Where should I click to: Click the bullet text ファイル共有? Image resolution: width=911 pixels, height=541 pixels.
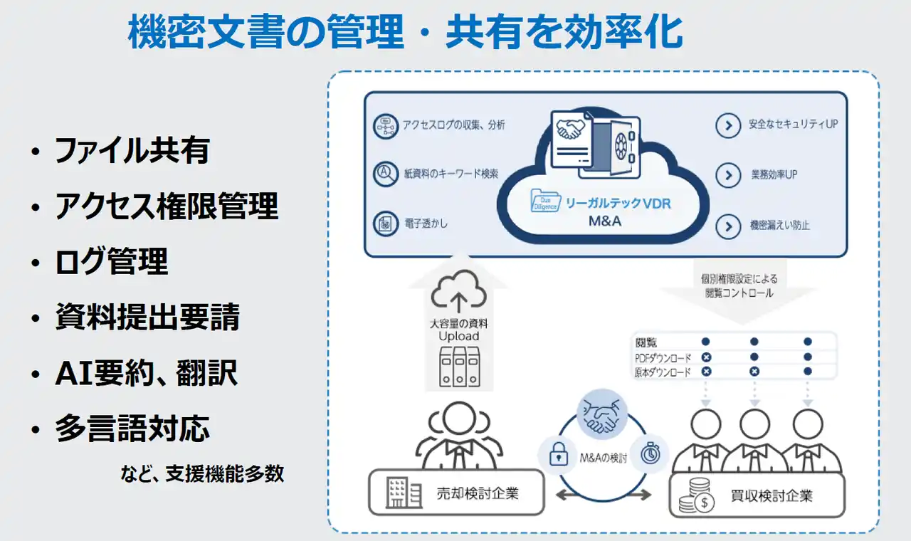point(132,151)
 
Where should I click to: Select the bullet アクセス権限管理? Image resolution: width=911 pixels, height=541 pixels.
point(166,206)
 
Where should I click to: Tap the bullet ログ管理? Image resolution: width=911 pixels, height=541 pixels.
point(111,262)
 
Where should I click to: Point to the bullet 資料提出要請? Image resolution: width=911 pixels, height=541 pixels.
point(147,317)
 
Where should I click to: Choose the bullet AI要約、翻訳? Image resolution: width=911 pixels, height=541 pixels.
point(146,374)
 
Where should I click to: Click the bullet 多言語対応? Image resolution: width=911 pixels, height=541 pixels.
point(132,429)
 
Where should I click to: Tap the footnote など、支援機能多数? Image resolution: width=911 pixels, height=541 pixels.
point(202,473)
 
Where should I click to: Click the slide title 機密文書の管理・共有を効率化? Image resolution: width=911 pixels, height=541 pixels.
point(406,32)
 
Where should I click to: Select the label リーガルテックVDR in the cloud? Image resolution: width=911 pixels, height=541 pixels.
point(618,203)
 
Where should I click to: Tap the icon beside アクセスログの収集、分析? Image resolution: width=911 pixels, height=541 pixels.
point(386,126)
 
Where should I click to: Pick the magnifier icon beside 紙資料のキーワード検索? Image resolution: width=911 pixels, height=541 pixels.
point(386,174)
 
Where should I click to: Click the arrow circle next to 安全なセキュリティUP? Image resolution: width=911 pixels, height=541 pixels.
point(727,126)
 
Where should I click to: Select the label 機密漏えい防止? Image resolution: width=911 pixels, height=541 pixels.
point(779,226)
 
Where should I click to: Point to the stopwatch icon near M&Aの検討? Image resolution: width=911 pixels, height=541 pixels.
point(650,453)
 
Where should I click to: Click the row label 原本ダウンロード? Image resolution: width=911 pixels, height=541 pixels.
point(663,372)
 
